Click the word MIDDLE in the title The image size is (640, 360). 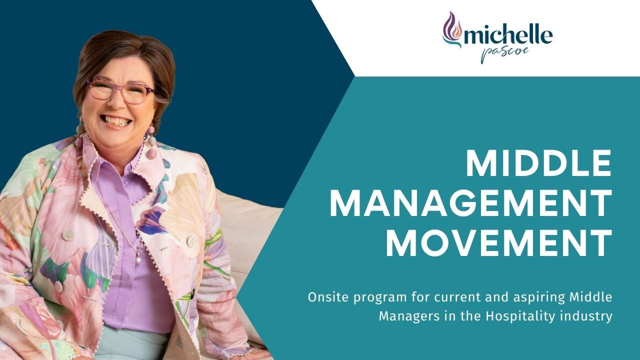tap(538, 164)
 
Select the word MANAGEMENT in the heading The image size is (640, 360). tap(470, 204)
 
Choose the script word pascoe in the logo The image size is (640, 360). tap(498, 54)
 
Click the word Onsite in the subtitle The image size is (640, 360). tap(326, 297)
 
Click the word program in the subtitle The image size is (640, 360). tap(374, 298)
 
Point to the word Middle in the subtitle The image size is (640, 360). tap(591, 297)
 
